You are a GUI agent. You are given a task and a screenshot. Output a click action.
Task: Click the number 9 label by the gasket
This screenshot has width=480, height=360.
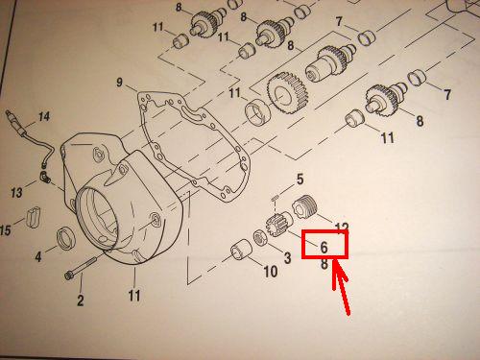pos(119,83)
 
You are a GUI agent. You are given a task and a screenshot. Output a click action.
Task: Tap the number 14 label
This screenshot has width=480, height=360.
pos(44,116)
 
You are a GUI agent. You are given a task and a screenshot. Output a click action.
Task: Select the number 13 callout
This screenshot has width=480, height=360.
pos(16,192)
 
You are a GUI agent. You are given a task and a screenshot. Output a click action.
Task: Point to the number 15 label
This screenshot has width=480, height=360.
pos(6,229)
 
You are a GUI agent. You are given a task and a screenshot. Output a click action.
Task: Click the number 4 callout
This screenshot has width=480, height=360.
pos(38,256)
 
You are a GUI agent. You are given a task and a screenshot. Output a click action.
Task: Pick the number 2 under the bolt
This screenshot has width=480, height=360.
pos(80,300)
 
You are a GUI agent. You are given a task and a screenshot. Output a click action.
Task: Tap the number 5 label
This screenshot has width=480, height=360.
pos(300,180)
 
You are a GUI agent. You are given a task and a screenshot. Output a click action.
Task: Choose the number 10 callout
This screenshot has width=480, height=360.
pos(271,272)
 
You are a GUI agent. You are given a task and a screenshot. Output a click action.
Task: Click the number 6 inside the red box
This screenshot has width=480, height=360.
pos(324,247)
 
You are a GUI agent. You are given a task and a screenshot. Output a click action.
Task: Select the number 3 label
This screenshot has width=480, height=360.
pos(287,257)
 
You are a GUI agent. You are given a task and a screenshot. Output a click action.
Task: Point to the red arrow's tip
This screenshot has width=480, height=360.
pos(334,261)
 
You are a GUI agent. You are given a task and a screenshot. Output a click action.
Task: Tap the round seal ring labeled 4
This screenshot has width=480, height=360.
pos(66,238)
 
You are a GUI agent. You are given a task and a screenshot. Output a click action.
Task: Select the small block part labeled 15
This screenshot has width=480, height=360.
pos(34,217)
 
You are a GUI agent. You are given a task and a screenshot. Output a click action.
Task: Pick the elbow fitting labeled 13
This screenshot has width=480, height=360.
pos(45,177)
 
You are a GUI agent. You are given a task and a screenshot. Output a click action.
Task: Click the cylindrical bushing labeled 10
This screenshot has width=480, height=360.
pos(242,251)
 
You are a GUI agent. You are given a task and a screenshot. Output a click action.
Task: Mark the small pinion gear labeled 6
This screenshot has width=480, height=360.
pos(277,225)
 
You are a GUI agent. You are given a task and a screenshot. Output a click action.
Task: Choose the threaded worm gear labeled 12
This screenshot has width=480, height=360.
pos(304,206)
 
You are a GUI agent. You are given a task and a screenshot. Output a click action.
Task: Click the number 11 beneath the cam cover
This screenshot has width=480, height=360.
pos(134,296)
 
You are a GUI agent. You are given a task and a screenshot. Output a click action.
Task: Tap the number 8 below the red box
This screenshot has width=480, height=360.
pos(324,264)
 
